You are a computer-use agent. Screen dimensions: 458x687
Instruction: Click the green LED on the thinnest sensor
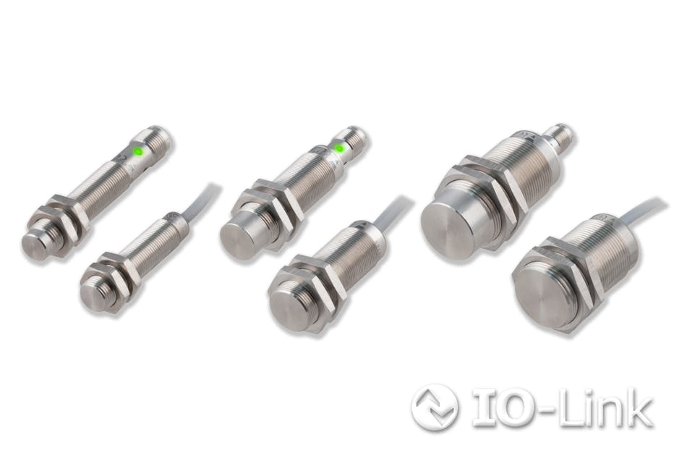(x=137, y=152)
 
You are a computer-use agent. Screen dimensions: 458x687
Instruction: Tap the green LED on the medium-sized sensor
(x=338, y=149)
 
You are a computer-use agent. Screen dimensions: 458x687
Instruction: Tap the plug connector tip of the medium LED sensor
(x=357, y=137)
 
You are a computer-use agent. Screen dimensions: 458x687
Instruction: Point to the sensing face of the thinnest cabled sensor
(x=93, y=293)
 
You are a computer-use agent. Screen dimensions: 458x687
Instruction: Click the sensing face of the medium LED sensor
(x=239, y=239)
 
